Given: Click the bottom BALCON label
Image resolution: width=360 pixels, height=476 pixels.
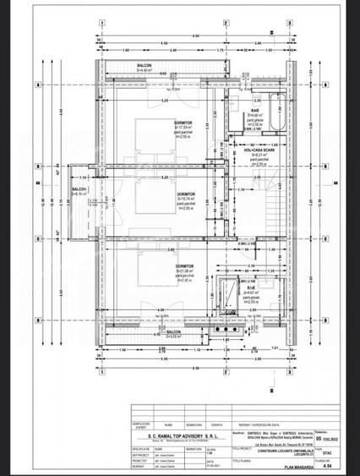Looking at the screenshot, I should (150, 333).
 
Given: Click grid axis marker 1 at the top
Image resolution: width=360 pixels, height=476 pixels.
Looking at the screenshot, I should (101, 25).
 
